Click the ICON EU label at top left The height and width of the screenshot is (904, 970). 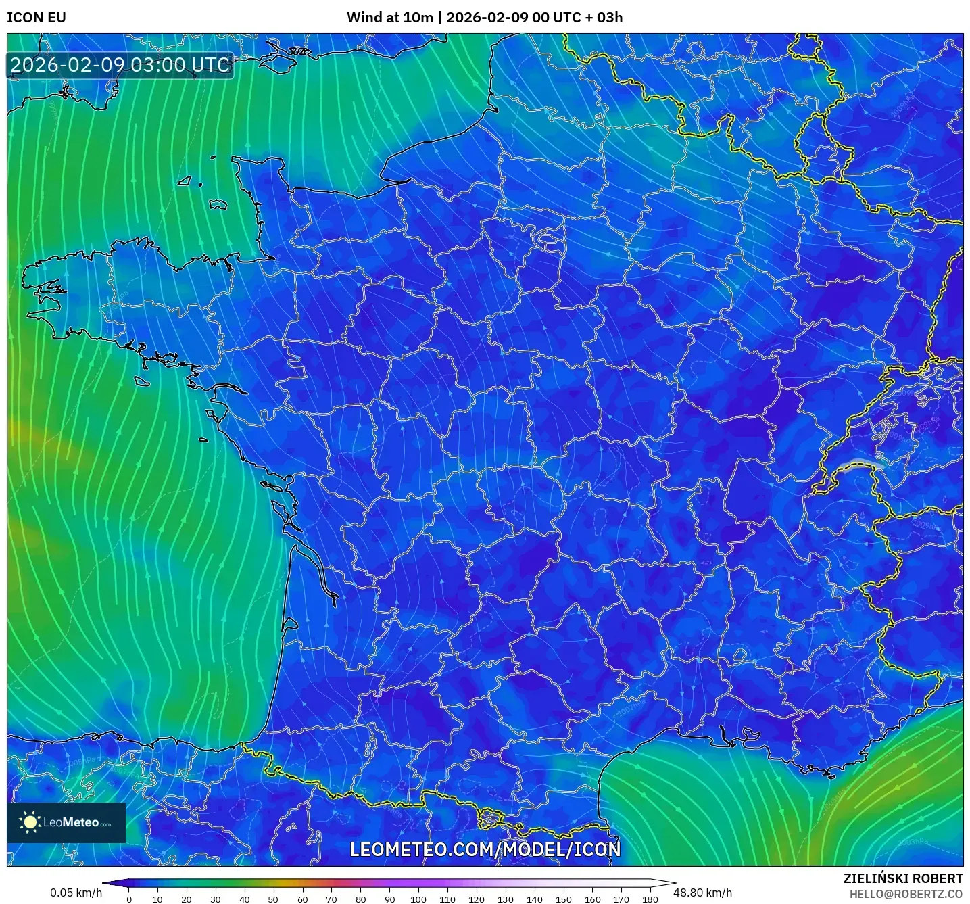37,18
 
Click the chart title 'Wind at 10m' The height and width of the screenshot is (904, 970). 389,18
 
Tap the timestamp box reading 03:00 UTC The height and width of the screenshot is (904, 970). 120,66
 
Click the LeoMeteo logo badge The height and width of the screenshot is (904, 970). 66,822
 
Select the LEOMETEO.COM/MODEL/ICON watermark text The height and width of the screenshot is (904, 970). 485,850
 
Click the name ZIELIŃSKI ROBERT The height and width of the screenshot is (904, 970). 902,878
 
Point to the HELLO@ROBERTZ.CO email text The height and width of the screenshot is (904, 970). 906,894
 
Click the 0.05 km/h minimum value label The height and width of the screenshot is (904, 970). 76,893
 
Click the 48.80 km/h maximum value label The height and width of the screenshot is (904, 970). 702,893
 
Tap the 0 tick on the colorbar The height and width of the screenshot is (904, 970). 129,899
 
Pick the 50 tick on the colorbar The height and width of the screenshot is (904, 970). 273,899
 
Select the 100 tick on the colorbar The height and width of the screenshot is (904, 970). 418,899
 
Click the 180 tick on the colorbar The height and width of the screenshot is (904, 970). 650,899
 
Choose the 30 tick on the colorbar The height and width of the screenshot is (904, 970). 216,899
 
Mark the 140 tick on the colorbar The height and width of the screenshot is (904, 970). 534,899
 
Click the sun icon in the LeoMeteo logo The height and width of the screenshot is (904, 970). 30,822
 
